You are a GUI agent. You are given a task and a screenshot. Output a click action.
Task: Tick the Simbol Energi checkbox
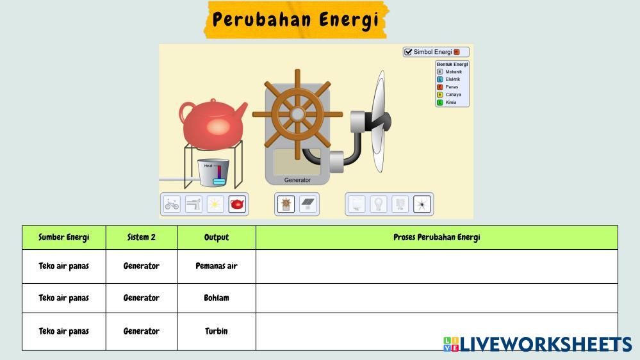coord(408,52)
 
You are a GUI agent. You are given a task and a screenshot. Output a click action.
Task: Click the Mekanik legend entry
coord(449,72)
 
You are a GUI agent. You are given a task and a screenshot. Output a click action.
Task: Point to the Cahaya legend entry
coord(449,95)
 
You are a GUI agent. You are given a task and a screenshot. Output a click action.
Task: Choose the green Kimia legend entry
coord(447,102)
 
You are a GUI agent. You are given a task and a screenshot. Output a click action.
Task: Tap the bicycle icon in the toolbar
coord(172,204)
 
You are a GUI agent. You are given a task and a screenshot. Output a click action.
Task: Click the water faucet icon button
coord(193,204)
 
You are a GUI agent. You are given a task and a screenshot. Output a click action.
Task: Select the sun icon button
coord(215,204)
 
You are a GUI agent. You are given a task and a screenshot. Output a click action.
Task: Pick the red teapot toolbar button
coord(237,204)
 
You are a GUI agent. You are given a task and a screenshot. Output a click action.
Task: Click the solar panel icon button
coord(308,204)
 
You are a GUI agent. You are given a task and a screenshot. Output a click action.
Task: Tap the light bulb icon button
coord(379,204)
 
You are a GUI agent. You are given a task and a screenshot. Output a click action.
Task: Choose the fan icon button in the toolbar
coord(422,204)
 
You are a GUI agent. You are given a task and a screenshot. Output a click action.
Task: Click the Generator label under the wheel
coord(297,180)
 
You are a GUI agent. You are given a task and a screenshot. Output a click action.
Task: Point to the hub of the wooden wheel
coord(297,114)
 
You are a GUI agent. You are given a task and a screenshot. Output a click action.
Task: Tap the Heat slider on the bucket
coord(219,174)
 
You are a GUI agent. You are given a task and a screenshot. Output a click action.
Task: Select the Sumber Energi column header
coord(63,238)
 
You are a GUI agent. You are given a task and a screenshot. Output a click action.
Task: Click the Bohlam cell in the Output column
coord(217,298)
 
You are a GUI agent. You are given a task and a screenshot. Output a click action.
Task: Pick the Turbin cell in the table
coord(217,331)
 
